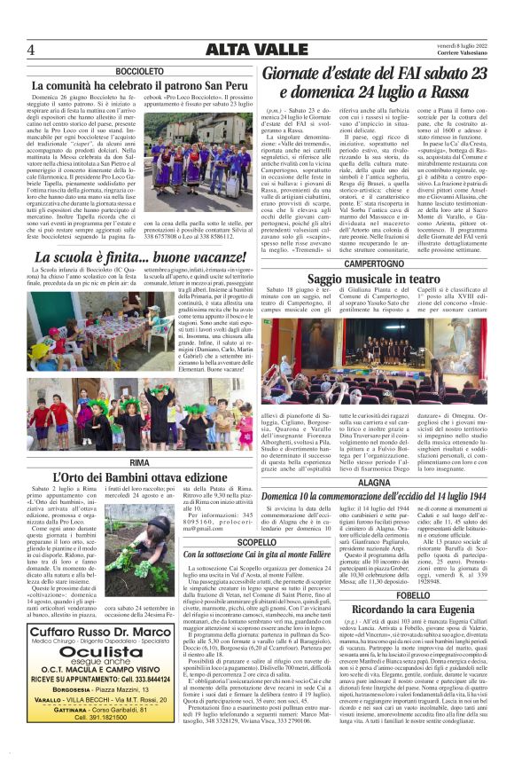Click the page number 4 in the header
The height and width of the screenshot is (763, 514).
pyautogui.click(x=30, y=50)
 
